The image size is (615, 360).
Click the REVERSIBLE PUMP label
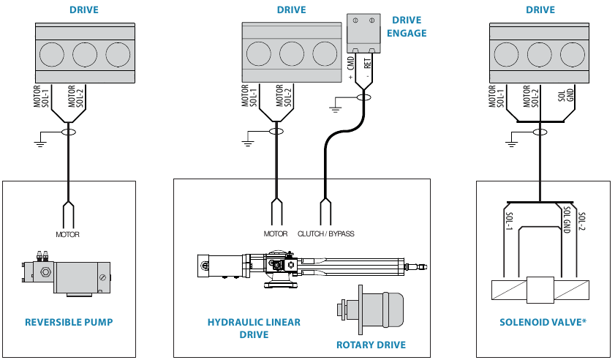tap(69, 322)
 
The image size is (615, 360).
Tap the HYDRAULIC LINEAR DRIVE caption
tap(254, 329)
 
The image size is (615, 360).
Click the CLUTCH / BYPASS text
tap(326, 234)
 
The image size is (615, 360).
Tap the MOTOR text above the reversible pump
tap(67, 235)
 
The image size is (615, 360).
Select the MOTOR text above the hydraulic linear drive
tap(276, 234)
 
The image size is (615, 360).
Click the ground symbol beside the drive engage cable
tap(336, 108)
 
